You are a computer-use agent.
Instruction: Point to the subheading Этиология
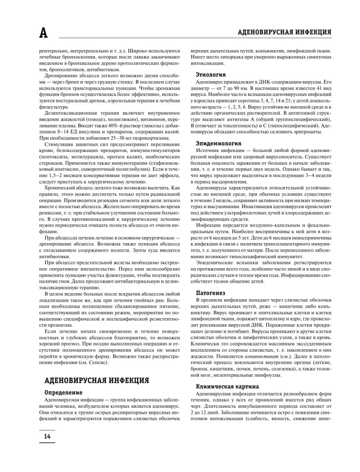coord(211,75)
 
